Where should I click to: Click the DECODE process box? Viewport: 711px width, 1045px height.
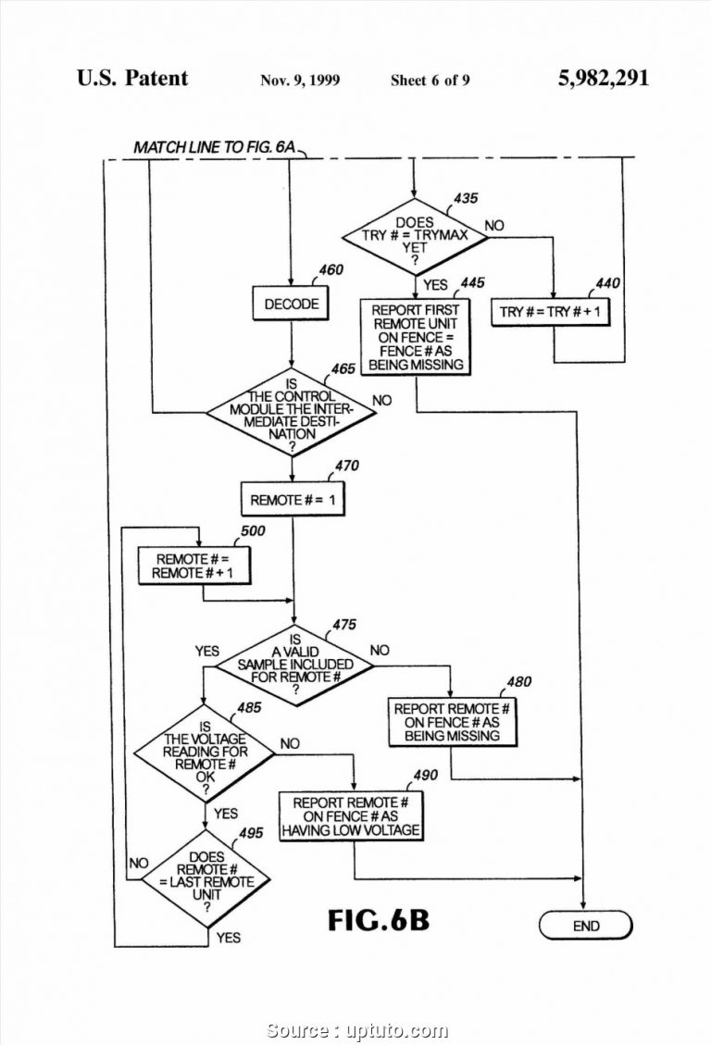pos(292,304)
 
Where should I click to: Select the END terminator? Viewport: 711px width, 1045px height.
pos(585,925)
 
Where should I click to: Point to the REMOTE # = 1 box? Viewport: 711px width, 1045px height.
pos(293,500)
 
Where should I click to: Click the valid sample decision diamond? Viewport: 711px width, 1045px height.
pos(294,664)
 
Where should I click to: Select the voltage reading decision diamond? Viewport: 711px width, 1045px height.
pos(205,752)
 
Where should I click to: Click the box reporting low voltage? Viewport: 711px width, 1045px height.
pos(351,816)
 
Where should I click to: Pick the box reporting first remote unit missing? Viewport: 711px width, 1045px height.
pos(415,337)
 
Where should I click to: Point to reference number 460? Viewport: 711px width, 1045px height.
pos(331,270)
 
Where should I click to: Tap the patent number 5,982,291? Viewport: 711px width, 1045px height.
pos(603,79)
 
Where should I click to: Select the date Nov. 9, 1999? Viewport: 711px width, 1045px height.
pos(300,81)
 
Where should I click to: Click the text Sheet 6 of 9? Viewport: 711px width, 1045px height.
pos(430,81)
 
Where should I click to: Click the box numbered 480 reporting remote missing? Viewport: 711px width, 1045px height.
pos(451,722)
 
